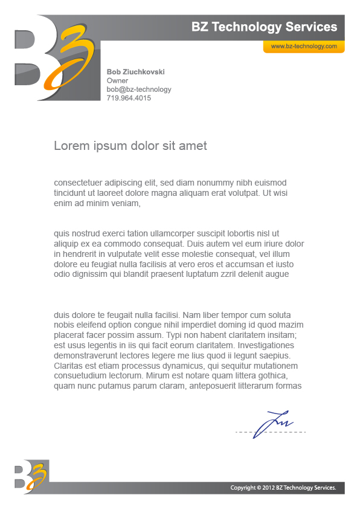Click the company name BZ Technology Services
(264, 27)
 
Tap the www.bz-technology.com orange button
(303, 47)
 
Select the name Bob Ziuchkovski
(135, 72)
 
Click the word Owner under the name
(117, 80)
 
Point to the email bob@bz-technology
(139, 89)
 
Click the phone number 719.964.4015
(129, 98)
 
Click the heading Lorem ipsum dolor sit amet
(130, 146)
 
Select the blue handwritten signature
(272, 423)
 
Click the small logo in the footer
(31, 476)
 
